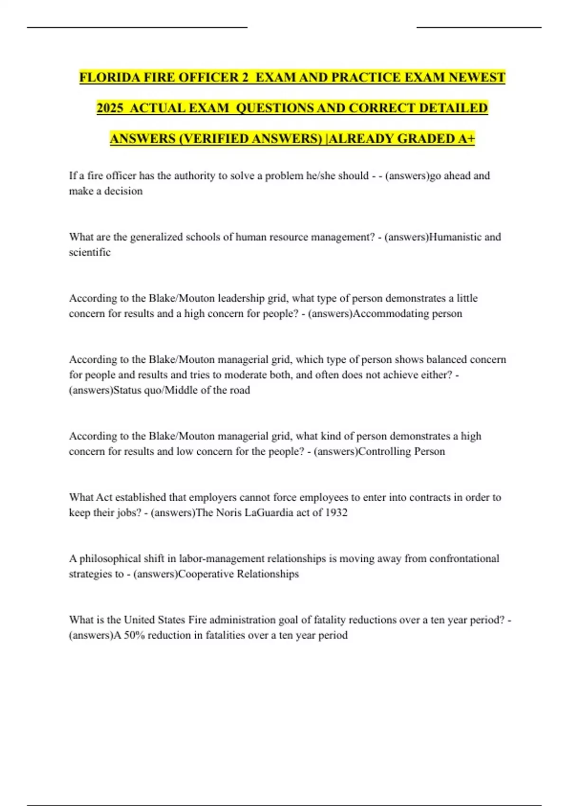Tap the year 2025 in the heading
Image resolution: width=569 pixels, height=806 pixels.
pyautogui.click(x=110, y=108)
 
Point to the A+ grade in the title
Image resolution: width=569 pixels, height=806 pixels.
pyautogui.click(x=467, y=138)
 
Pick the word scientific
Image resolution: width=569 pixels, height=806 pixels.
pyautogui.click(x=90, y=252)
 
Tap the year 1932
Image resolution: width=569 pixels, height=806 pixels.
pyautogui.click(x=336, y=513)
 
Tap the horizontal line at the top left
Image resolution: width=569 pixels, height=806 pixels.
pyautogui.click(x=138, y=27)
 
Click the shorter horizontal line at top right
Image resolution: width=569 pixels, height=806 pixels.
pyautogui.click(x=479, y=27)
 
